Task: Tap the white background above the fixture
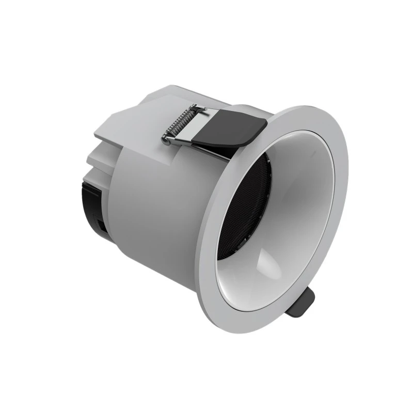point(206,41)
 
